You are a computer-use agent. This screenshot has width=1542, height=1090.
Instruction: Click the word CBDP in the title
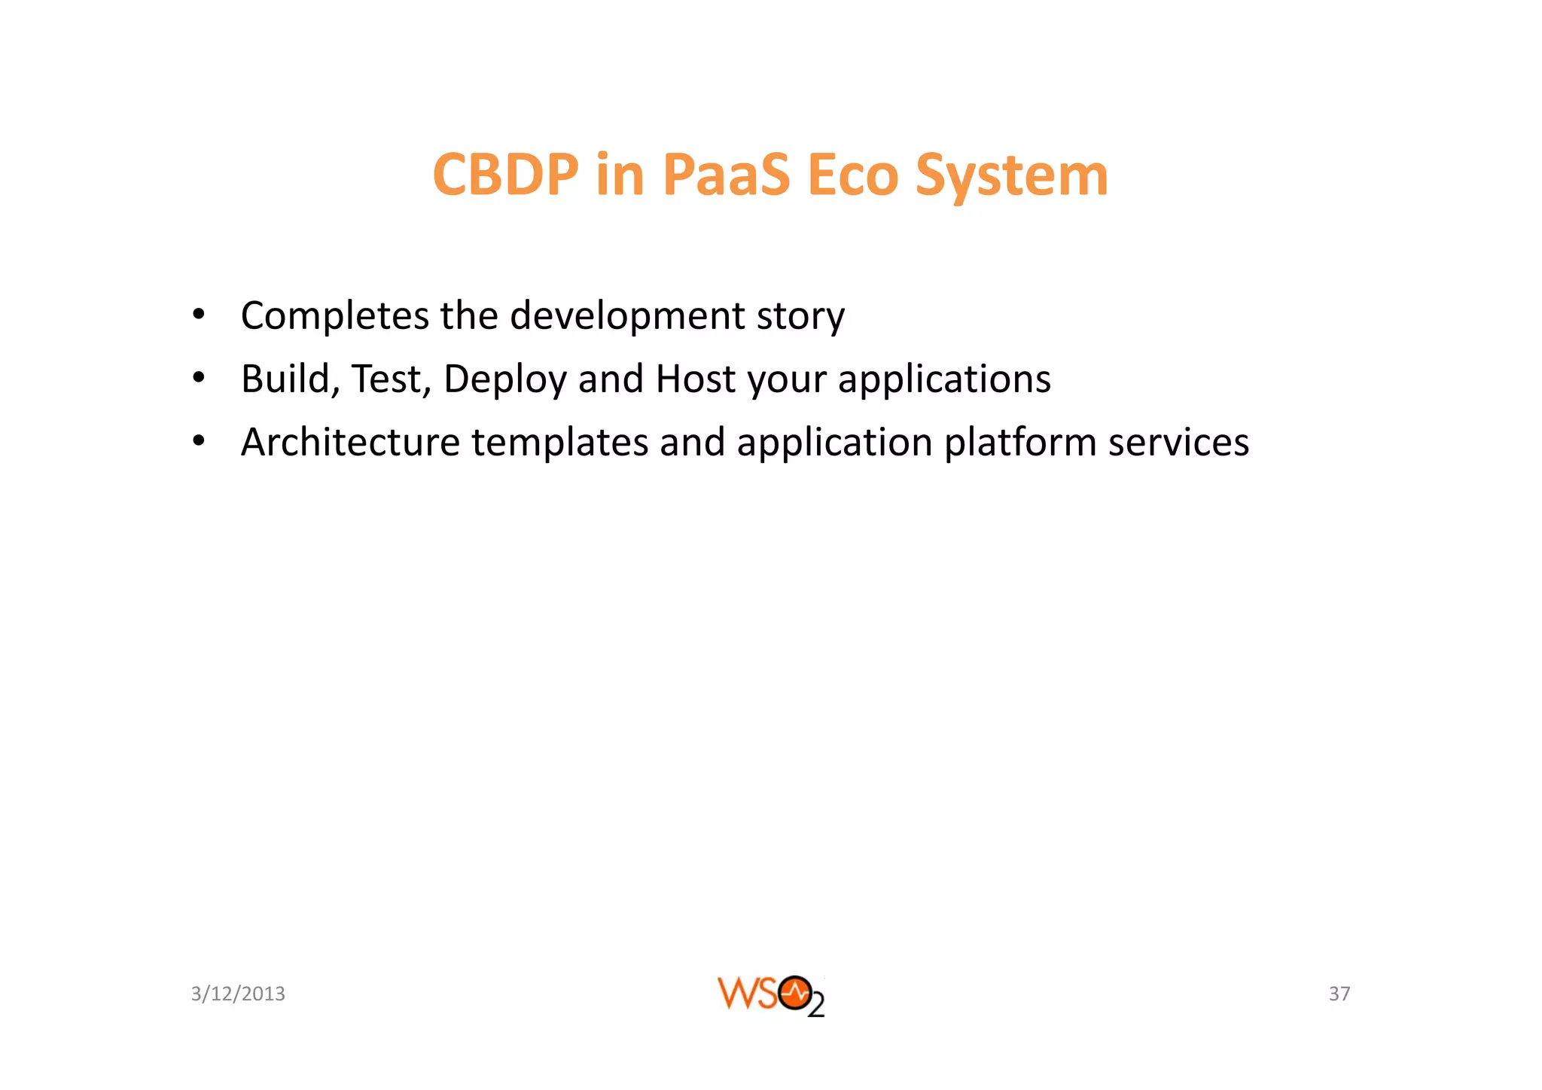click(506, 175)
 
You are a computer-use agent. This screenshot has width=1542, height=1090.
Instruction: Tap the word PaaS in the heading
click(726, 175)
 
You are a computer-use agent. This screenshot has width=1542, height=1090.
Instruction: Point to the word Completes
click(334, 316)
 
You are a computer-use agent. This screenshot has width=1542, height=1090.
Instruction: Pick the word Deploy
click(504, 379)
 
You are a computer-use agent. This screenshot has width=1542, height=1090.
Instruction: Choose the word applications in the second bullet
click(944, 379)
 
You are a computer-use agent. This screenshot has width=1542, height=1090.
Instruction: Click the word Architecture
click(350, 442)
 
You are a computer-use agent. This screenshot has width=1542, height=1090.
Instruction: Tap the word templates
click(560, 443)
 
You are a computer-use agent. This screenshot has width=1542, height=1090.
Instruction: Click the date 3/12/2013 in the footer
click(238, 994)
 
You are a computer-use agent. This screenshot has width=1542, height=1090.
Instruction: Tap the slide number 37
click(1339, 994)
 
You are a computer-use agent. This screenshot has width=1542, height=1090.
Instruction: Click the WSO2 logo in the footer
click(771, 995)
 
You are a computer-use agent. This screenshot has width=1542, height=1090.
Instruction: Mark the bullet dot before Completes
click(198, 315)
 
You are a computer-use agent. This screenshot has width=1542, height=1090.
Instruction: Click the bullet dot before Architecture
click(198, 441)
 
